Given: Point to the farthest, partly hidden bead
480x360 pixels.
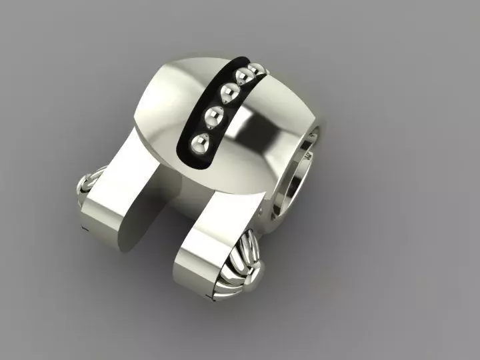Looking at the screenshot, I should pos(255,67).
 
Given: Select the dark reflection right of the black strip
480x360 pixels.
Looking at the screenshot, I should pos(257,127).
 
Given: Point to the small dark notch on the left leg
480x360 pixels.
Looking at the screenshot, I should pos(85,230).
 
